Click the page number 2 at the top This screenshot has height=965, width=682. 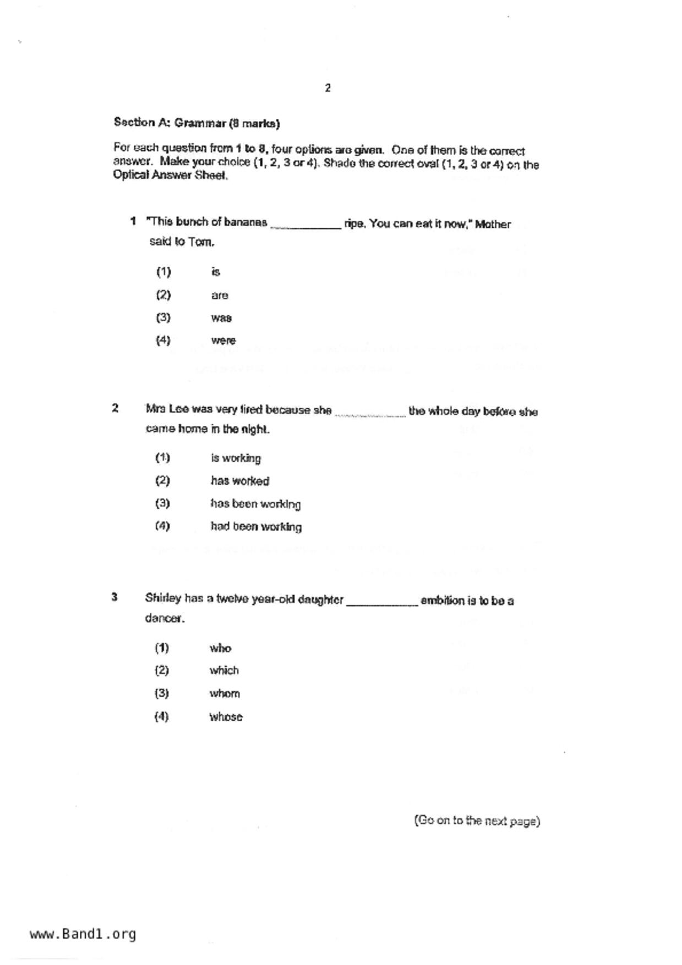pyautogui.click(x=328, y=88)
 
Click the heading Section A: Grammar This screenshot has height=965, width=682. pyautogui.click(x=197, y=123)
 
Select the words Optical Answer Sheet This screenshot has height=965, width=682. pyautogui.click(x=170, y=176)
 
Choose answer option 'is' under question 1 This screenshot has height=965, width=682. pyautogui.click(x=215, y=272)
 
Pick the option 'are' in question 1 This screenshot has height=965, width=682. pyautogui.click(x=219, y=295)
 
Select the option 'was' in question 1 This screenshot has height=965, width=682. pyautogui.click(x=221, y=318)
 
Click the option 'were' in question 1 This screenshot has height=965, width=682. pyautogui.click(x=223, y=341)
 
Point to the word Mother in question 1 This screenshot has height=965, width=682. pyautogui.click(x=493, y=224)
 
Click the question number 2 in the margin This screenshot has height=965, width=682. pyautogui.click(x=115, y=408)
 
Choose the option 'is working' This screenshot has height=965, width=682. pyautogui.click(x=236, y=458)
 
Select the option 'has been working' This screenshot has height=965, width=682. pyautogui.click(x=255, y=504)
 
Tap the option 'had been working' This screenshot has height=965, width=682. pyautogui.click(x=256, y=527)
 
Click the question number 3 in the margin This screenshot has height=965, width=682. pyautogui.click(x=114, y=597)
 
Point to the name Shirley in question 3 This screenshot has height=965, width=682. pyautogui.click(x=163, y=599)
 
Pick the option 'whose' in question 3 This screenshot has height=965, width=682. pyautogui.click(x=226, y=717)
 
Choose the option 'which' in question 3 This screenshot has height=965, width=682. pyautogui.click(x=224, y=671)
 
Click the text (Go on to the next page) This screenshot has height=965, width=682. pyautogui.click(x=477, y=821)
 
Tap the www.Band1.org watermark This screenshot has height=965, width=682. pyautogui.click(x=83, y=934)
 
